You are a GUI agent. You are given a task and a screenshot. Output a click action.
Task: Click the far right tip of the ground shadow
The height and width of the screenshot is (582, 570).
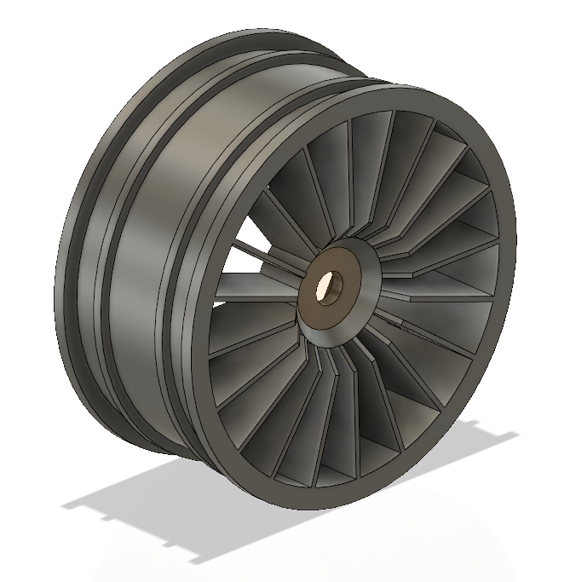pos(518,435)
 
